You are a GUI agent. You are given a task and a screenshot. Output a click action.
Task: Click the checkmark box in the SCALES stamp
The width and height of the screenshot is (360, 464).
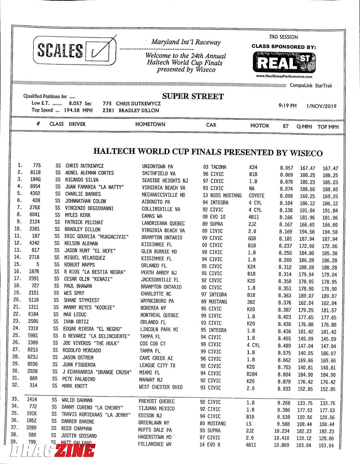(100, 51)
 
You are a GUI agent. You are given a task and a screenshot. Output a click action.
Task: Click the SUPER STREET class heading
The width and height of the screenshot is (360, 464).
(193, 96)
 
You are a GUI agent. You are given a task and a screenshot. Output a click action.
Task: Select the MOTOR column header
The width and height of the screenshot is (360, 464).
(259, 126)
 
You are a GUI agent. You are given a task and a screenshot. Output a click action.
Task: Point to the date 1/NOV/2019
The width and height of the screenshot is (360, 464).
(321, 106)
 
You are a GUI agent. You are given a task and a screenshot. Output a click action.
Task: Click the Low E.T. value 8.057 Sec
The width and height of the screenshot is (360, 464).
(80, 103)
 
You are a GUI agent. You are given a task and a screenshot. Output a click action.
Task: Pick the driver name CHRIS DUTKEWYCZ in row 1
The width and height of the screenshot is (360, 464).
(84, 165)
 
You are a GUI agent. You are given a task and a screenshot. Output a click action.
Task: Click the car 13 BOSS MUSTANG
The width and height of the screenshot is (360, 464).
(222, 195)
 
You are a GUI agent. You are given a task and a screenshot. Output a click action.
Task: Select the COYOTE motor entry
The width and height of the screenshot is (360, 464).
(256, 195)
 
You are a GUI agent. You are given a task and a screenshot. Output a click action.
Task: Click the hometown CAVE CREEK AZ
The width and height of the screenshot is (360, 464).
(156, 358)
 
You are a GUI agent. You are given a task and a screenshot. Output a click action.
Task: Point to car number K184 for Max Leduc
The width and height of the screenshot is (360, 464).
(33, 314)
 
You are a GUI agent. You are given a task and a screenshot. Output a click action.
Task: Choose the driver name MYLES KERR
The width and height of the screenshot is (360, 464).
(77, 215)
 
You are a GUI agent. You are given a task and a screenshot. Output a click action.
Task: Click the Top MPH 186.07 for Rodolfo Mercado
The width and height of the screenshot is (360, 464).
(328, 353)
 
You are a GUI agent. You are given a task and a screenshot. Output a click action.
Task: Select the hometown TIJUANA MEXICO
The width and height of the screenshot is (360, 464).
(156, 408)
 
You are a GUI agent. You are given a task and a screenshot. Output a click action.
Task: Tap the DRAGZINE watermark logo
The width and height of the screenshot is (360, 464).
(52, 451)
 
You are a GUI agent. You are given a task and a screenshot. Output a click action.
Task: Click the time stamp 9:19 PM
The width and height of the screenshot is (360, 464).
(287, 106)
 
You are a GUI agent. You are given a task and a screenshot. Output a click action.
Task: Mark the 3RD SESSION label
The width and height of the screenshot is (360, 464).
(283, 37)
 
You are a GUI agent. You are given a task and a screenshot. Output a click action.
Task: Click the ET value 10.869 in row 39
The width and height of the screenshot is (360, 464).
(281, 445)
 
